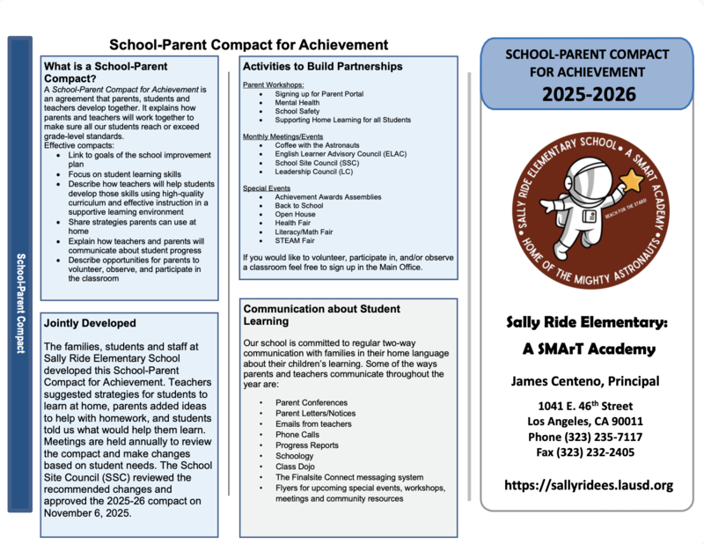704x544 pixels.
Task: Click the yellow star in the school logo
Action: [x=631, y=183]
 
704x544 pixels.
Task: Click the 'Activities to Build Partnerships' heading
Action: [x=323, y=67]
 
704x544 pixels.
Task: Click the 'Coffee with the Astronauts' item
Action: [x=319, y=145]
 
